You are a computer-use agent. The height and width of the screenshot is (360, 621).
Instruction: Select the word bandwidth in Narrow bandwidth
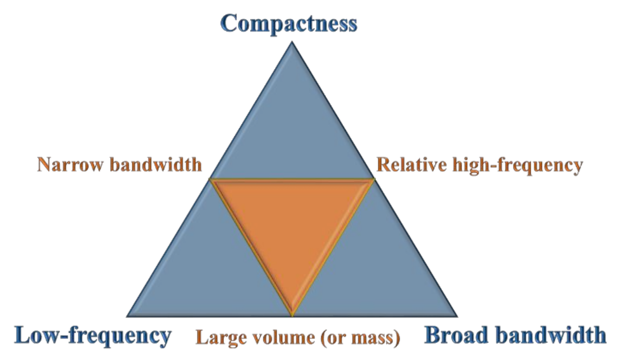pos(156,165)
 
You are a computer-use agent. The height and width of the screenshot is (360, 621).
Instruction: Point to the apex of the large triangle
pos(292,42)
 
